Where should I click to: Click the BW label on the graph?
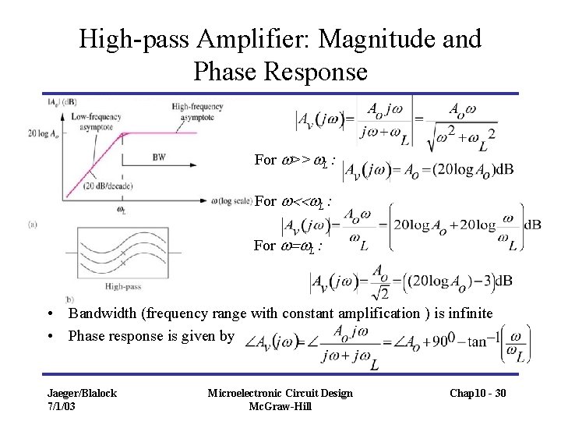pyautogui.click(x=159, y=157)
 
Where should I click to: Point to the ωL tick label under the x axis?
pyautogui.click(x=122, y=209)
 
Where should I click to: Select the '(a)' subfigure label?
pyautogui.click(x=32, y=224)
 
